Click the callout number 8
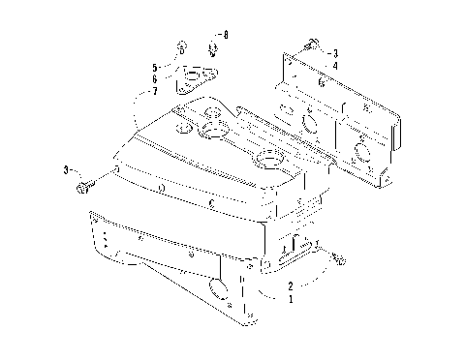coord(226,35)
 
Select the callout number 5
coord(154,66)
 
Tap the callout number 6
coord(154,78)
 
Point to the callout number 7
coord(154,91)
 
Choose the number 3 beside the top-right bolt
coord(334,52)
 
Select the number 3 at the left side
coord(67,169)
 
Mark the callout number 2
coord(290,286)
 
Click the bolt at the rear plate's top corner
coord(310,43)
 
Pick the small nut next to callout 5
coord(181,47)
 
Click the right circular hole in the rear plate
coord(360,150)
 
